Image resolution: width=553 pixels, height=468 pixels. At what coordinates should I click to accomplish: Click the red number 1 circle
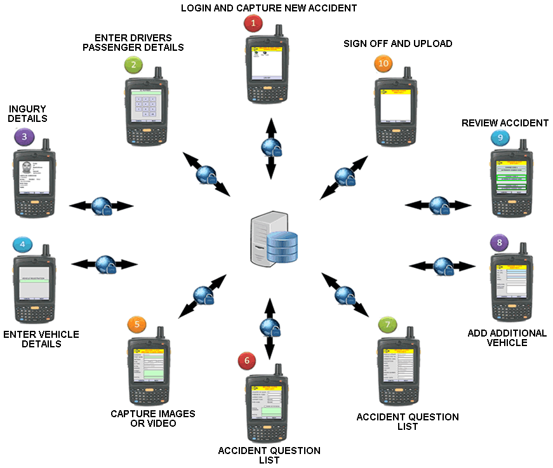253,24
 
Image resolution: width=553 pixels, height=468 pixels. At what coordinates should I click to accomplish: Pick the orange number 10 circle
382,65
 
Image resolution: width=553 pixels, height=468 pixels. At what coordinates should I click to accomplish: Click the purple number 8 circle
500,243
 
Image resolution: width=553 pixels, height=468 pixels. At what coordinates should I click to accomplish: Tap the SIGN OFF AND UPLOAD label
398,44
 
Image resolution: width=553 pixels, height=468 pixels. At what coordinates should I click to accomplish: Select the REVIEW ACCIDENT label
505,123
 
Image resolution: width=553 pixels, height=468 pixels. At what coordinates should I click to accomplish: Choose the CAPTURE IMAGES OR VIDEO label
153,418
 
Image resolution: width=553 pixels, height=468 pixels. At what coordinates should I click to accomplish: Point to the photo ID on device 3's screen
26,169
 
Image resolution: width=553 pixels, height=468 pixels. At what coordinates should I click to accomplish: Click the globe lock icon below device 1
270,147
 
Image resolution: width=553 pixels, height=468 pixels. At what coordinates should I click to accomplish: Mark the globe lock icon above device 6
270,328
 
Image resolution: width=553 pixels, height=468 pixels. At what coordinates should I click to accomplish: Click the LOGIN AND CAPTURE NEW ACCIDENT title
269,8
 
